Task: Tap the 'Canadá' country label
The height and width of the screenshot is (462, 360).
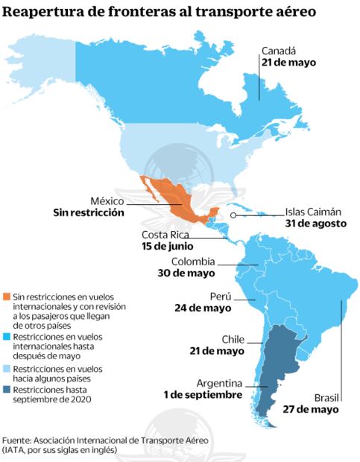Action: point(278,51)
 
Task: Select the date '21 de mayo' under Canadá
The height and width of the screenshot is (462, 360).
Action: point(288,63)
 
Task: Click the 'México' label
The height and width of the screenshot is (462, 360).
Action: point(107,200)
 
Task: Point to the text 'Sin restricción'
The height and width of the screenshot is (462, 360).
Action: point(87,212)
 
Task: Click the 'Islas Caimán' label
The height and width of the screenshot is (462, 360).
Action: point(315,211)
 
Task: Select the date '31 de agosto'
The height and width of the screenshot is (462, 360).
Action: point(315,223)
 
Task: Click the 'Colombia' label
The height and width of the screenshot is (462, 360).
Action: point(193,262)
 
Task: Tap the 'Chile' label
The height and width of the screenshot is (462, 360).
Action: point(232,339)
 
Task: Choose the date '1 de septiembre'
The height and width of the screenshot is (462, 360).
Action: point(203,394)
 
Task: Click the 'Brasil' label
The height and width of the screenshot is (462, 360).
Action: point(325,396)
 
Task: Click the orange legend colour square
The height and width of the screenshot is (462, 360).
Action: point(7,297)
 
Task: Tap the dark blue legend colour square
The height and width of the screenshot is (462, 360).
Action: point(7,390)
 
